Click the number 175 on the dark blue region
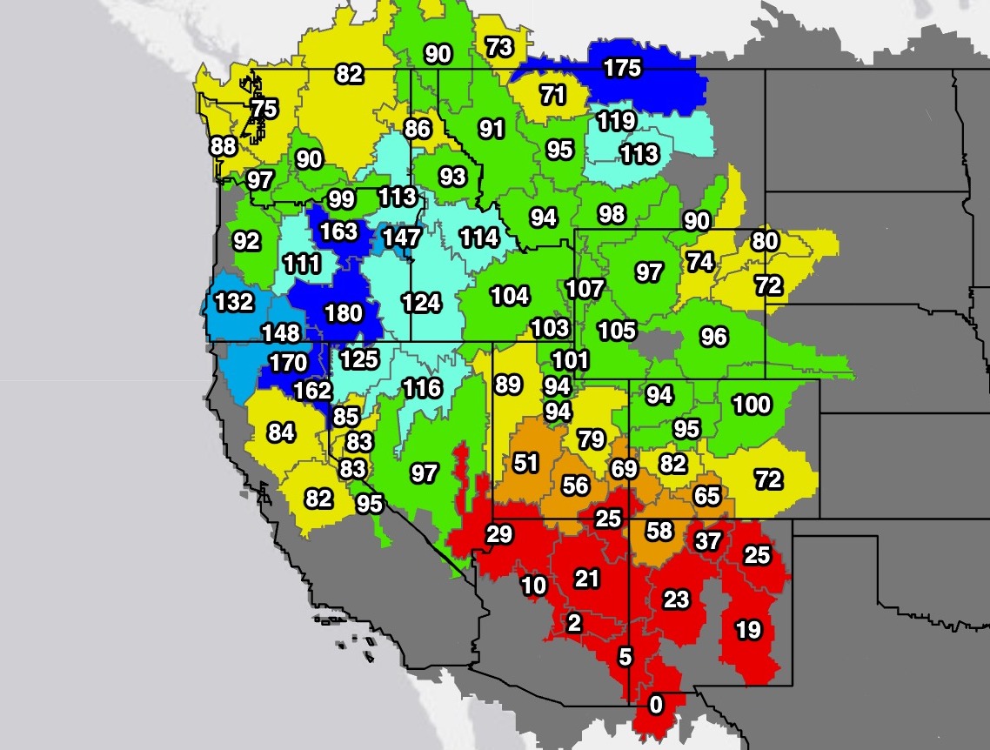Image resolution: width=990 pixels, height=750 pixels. coord(622,69)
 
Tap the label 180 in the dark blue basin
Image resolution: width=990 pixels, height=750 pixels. coord(343,313)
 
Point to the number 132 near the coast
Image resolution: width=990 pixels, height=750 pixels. coord(234,302)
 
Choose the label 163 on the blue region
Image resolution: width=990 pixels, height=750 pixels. coord(338,231)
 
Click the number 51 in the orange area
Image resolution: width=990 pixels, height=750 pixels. coord(525,463)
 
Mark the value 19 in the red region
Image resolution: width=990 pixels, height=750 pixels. coord(748,629)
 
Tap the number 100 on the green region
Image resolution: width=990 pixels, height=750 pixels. coord(752,405)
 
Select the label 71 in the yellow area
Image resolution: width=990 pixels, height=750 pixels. coord(553,94)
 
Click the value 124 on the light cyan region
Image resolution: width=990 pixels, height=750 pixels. coord(421,303)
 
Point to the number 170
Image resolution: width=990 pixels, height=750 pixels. coord(288,362)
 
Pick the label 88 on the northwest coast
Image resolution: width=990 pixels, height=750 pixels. coord(224,146)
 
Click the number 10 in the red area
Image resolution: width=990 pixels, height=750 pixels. coord(533,586)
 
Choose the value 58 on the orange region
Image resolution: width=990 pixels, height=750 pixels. coord(659,530)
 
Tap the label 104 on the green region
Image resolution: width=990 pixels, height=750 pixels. coord(510,296)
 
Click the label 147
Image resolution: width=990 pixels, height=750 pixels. coord(401,238)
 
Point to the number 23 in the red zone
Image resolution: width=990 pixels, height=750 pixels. coord(676,599)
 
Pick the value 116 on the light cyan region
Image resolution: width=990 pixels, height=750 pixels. coord(422,388)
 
